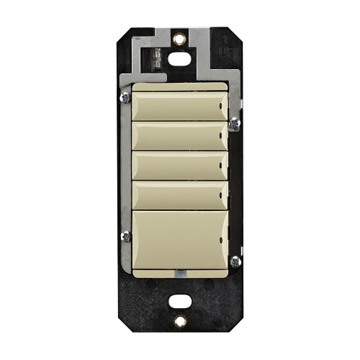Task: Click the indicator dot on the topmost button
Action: pos(221,112)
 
